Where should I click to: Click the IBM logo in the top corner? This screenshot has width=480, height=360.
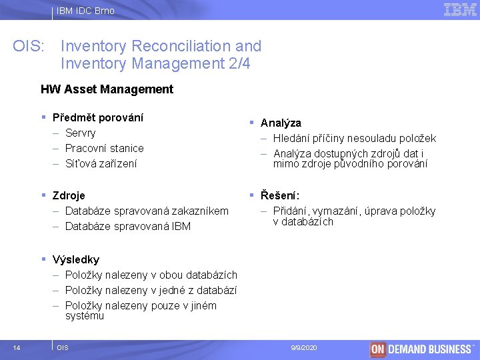(460, 10)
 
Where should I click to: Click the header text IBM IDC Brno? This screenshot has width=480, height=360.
(85, 11)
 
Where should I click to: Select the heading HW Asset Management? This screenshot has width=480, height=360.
(107, 89)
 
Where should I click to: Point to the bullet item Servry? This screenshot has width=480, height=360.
(80, 133)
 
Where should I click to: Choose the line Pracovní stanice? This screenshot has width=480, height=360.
(104, 148)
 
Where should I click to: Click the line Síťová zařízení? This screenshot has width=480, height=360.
(101, 163)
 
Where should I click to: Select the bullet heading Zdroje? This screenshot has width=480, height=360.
(69, 195)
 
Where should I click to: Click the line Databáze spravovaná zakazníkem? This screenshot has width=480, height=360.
(147, 211)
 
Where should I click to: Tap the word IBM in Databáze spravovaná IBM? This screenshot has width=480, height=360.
(181, 226)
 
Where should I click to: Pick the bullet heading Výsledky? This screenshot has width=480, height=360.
(75, 259)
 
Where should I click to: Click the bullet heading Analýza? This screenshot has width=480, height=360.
(281, 123)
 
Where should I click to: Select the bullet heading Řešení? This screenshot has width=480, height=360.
(280, 195)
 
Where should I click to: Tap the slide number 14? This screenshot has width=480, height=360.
(17, 347)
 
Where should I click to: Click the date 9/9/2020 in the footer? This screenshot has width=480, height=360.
(304, 347)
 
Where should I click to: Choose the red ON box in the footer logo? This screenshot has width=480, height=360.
(378, 349)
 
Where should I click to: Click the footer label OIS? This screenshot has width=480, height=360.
(63, 347)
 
